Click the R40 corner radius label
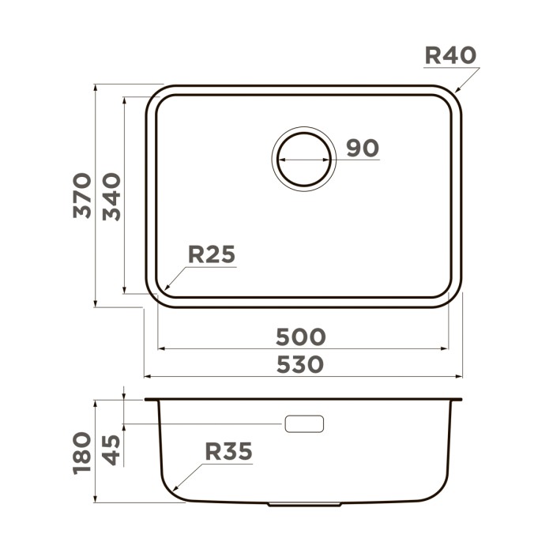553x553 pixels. coord(450,55)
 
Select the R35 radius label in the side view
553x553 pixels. coord(228,451)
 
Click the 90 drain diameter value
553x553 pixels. coord(363,148)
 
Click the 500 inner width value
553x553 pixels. coord(300,337)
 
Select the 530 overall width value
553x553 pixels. coord(300,365)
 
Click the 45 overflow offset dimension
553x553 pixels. coord(111,450)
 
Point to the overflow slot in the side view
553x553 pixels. coord(304,424)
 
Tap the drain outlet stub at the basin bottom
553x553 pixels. coord(304,504)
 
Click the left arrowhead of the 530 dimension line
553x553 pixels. coord(145,377)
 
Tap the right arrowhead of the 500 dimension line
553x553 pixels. coord(449,348)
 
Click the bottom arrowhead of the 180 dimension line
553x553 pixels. coord(96,502)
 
